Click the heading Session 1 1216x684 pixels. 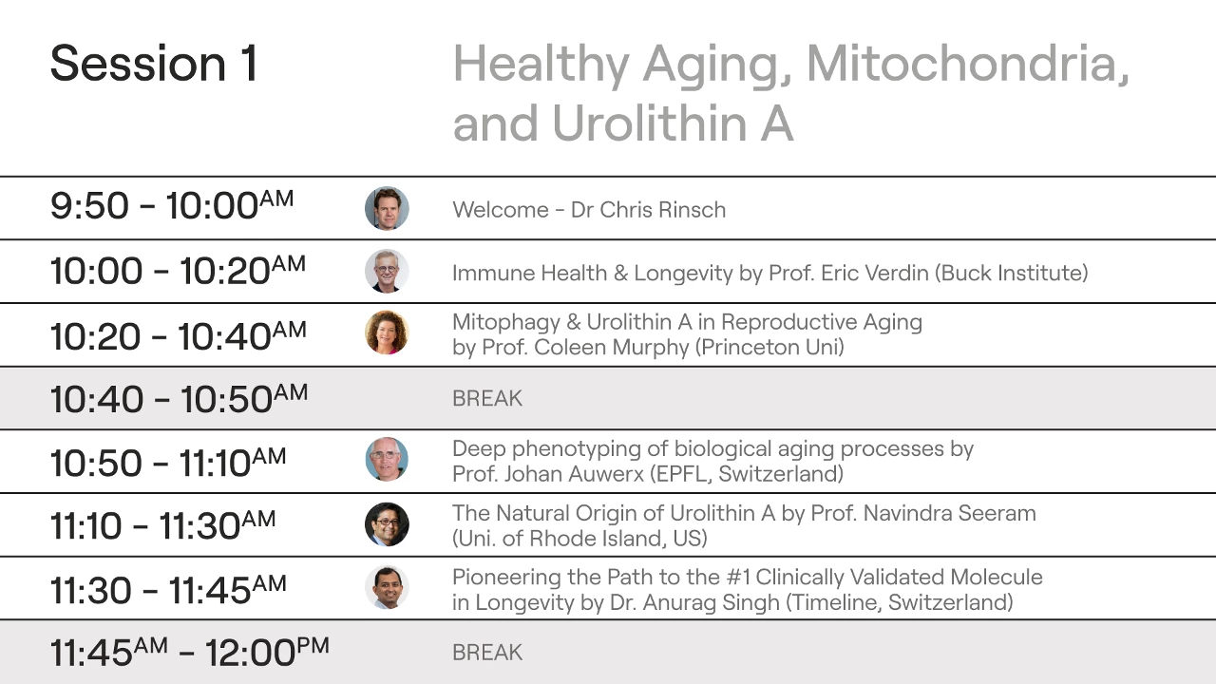pos(154,64)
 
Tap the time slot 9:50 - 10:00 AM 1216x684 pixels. pos(172,205)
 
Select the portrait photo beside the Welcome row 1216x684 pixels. pos(387,208)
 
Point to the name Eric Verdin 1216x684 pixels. pos(875,273)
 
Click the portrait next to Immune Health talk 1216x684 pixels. pos(387,272)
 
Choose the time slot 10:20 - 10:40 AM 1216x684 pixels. pos(179,335)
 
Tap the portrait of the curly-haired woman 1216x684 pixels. pos(387,332)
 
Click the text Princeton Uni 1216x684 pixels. pos(770,348)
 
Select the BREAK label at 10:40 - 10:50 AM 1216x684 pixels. pos(487,398)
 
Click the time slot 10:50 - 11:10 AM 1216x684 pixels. pos(168,463)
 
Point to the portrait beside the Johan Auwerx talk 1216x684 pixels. pos(387,459)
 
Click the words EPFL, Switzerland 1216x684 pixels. pos(747,474)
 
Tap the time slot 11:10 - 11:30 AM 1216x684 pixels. pos(162,525)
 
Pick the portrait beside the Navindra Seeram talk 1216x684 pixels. pos(387,524)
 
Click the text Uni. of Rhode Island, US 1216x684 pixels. pos(579,539)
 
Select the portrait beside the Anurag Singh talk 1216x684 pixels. pos(387,587)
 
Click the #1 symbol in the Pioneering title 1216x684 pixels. pos(738,577)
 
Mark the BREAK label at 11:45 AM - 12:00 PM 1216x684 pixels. pos(487,653)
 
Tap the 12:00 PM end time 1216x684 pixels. pos(267,652)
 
